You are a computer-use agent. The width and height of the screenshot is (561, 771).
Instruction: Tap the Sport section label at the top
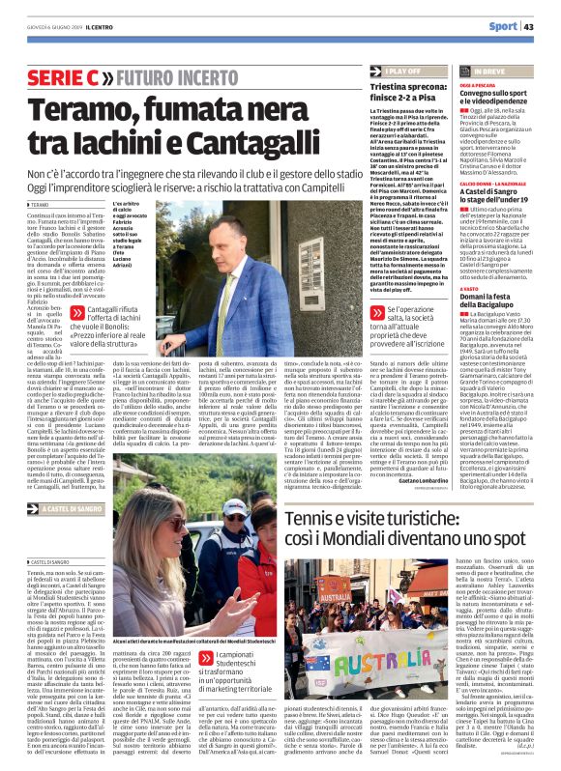(x=502, y=26)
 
